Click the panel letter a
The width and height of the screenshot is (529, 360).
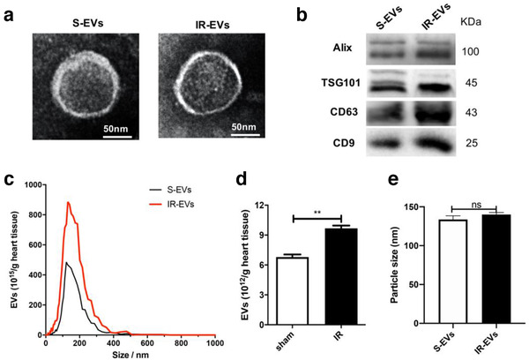point(9,14)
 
